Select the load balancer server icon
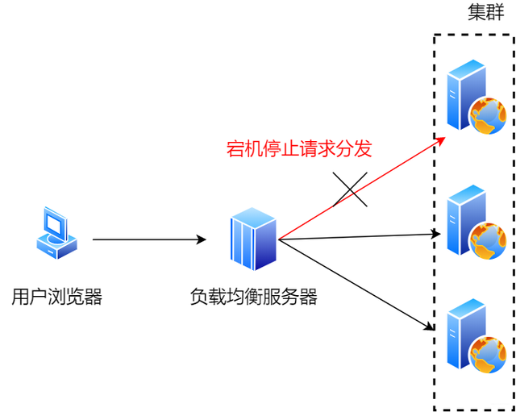[x=253, y=239]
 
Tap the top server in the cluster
[x=474, y=97]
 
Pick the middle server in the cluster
[x=474, y=222]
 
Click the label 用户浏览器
[x=57, y=297]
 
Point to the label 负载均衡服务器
[x=254, y=297]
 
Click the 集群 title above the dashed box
[x=486, y=14]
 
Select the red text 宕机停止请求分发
[x=299, y=148]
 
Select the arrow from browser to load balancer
[x=149, y=239]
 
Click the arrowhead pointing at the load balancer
[x=202, y=239]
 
